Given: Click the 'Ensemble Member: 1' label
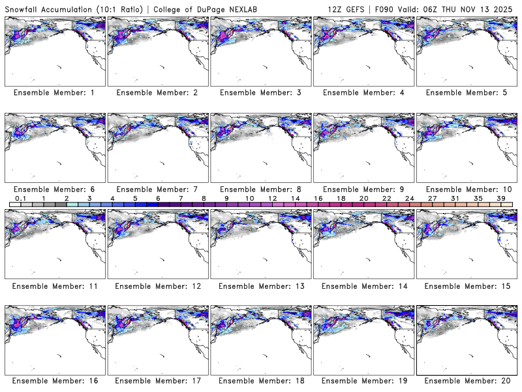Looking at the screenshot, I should pyautogui.click(x=54, y=93).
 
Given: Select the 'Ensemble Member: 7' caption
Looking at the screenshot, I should pyautogui.click(x=157, y=189).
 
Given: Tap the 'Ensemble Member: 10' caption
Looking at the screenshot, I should pyautogui.click(x=467, y=189).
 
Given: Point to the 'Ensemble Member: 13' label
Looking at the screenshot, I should pyautogui.click(x=260, y=286).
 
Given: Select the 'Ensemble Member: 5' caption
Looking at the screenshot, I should pyautogui.click(x=467, y=93).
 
